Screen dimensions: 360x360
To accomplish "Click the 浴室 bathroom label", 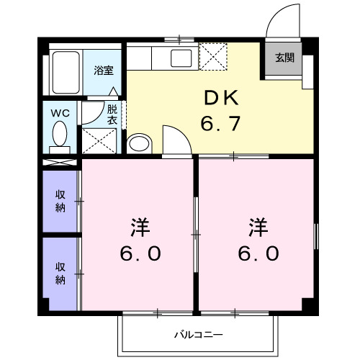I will pyautogui.click(x=104, y=71).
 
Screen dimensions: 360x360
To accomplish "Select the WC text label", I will pyautogui.click(x=59, y=112).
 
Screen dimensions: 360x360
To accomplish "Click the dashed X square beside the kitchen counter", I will pyautogui.click(x=212, y=56).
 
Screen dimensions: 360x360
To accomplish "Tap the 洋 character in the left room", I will pyautogui.click(x=140, y=228).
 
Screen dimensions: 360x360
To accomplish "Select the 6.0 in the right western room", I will pyautogui.click(x=258, y=253).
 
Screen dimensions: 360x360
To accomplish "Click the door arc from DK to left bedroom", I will pyautogui.click(x=175, y=138).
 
